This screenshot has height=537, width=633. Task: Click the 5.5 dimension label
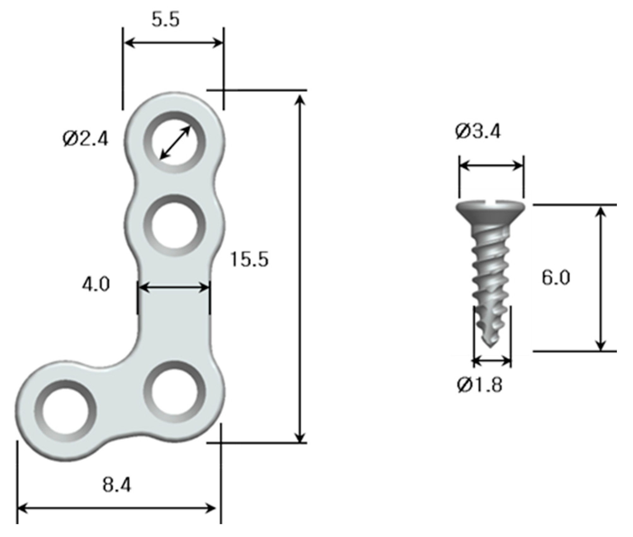pos(166,20)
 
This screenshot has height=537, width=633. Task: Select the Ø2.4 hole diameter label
pos(85,139)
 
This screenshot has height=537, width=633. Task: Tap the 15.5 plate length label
pos(249,260)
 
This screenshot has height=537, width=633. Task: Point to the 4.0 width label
pos(96,284)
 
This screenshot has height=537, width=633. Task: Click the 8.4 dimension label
pos(117,485)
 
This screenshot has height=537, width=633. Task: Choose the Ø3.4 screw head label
pos(478,132)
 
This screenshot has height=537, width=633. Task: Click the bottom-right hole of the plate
pos(175,392)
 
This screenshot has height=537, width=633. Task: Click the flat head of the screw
pos(491,209)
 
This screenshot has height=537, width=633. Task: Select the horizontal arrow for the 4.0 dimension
pos(174,288)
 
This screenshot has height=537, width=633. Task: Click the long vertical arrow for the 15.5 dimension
pos(301,268)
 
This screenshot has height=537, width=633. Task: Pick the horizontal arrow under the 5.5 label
pos(173,42)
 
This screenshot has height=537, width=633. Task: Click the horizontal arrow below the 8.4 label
pos(117,509)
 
